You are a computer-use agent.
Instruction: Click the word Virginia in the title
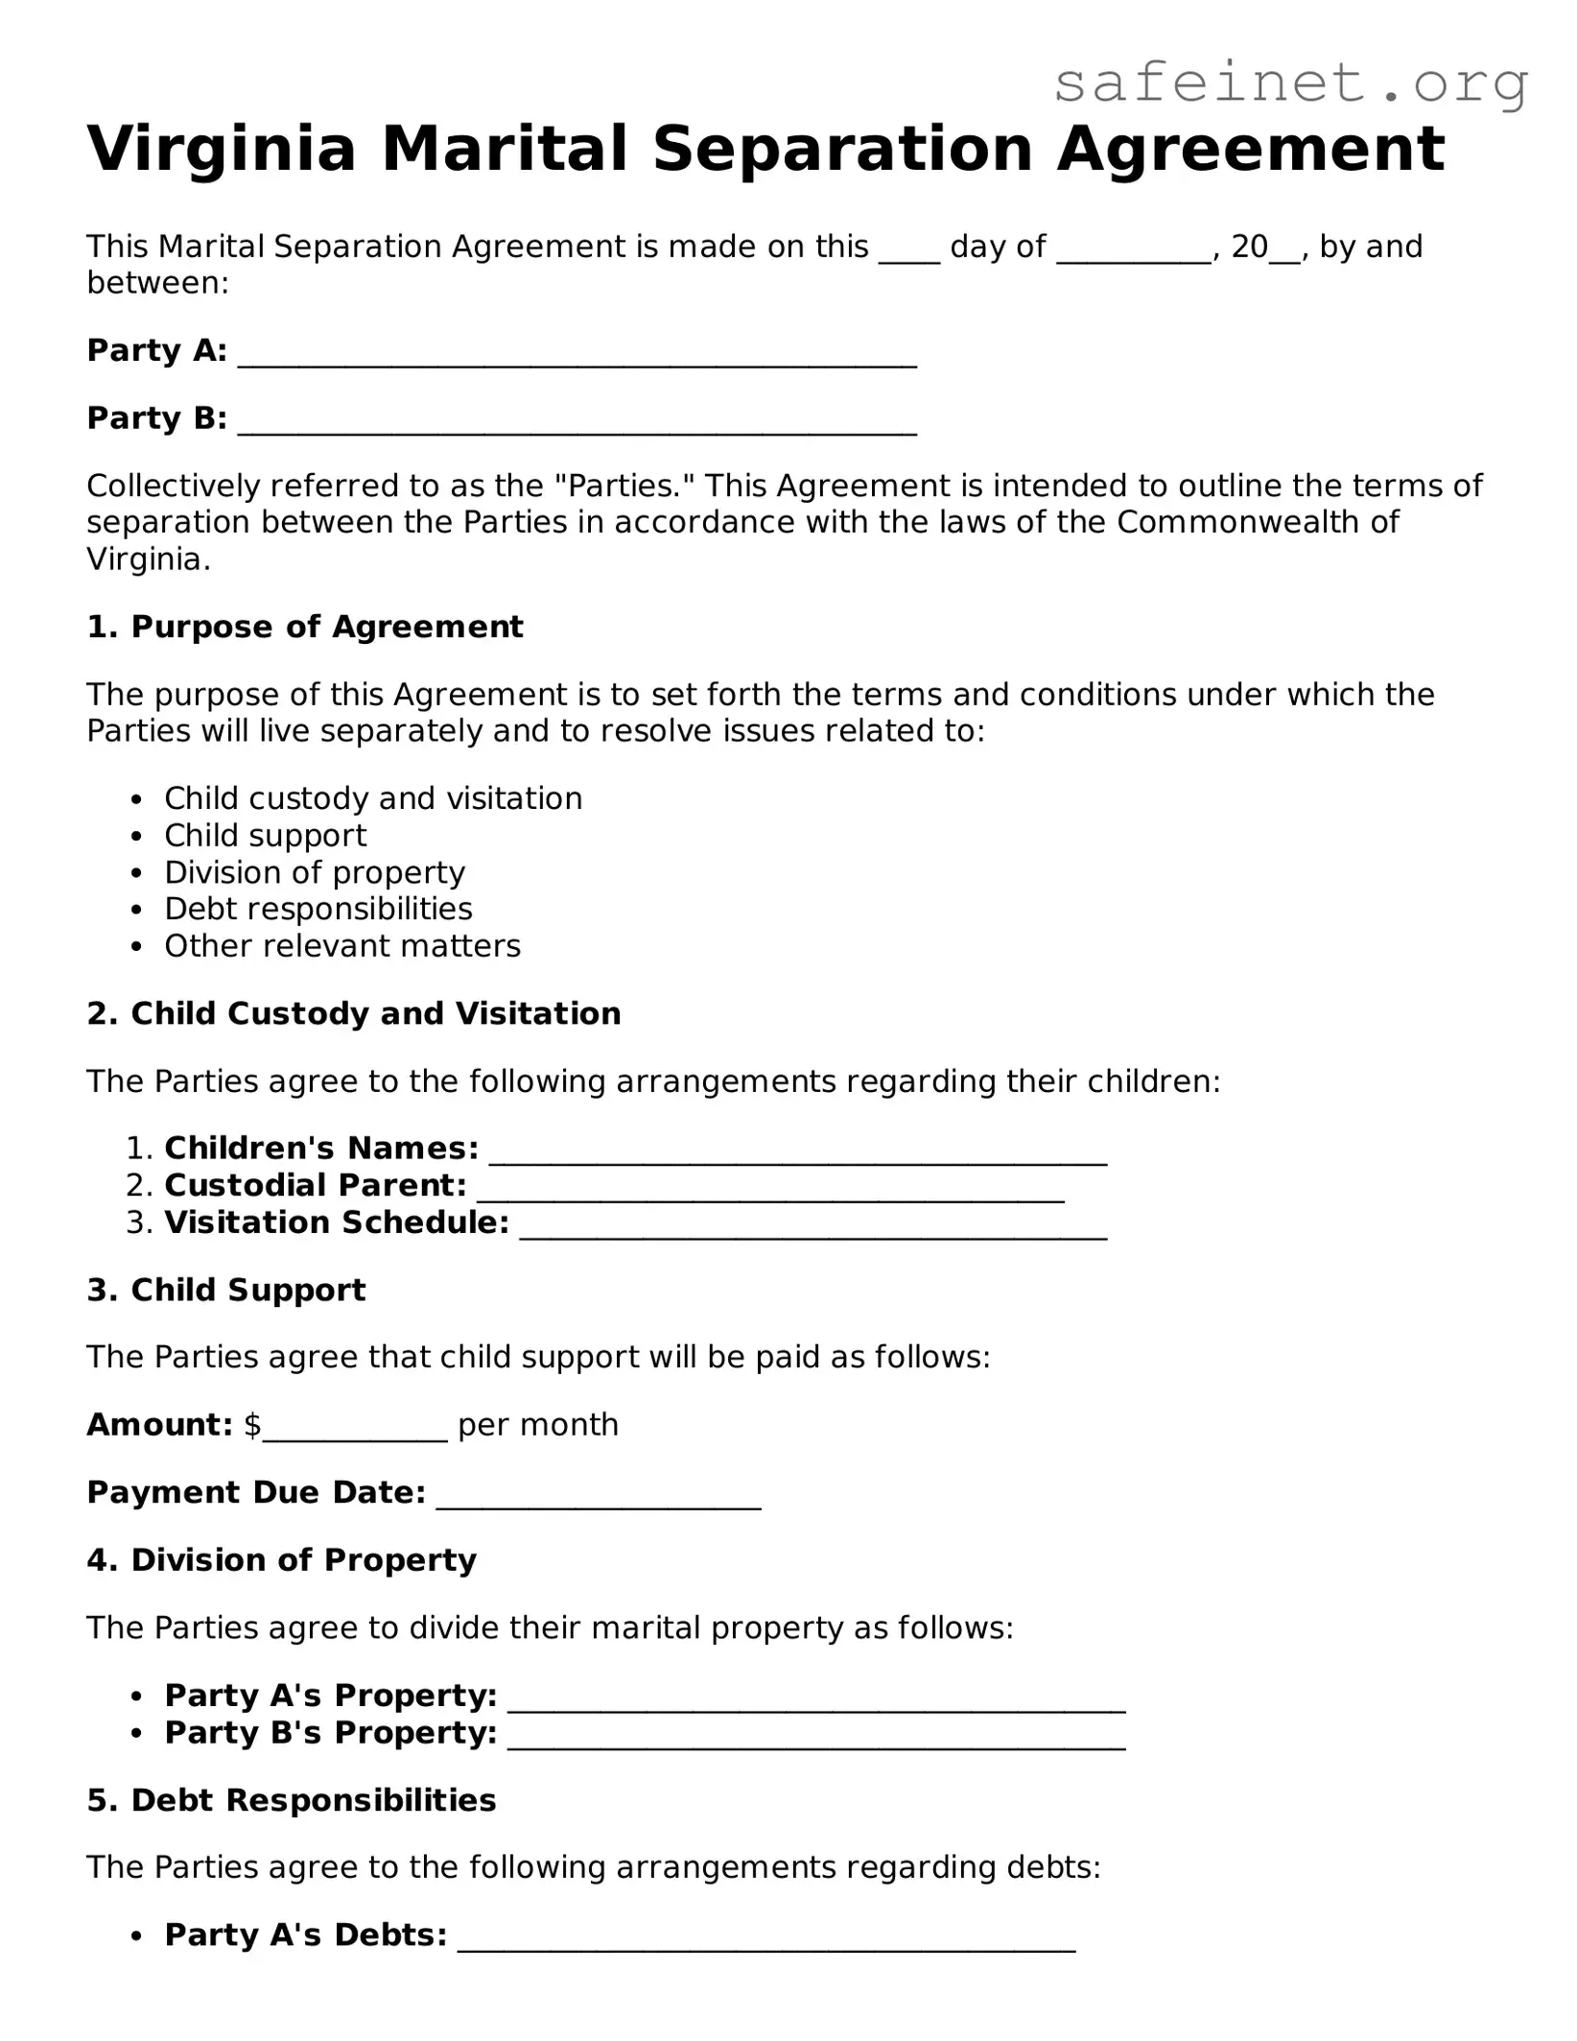pyautogui.click(x=222, y=150)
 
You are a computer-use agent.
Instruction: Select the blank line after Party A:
pyautogui.click(x=577, y=355)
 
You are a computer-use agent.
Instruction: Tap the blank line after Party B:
pyautogui.click(x=577, y=422)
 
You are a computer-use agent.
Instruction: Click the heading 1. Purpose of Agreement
pyautogui.click(x=305, y=627)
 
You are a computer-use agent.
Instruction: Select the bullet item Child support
pyautogui.click(x=265, y=836)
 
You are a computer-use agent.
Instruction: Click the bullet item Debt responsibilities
pyautogui.click(x=318, y=909)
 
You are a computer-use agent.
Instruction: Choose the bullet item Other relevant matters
pyautogui.click(x=342, y=946)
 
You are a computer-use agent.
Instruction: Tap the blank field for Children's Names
pyautogui.click(x=798, y=1152)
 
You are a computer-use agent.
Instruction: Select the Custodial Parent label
pyautogui.click(x=315, y=1186)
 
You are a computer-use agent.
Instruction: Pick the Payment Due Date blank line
pyautogui.click(x=599, y=1497)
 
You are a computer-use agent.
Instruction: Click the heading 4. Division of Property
pyautogui.click(x=281, y=1560)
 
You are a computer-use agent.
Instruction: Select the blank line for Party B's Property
pyautogui.click(x=815, y=1738)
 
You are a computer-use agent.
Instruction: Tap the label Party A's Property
pyautogui.click(x=330, y=1696)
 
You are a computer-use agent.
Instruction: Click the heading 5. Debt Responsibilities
pyautogui.click(x=292, y=1800)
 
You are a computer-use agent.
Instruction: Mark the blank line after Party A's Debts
pyautogui.click(x=766, y=1939)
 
